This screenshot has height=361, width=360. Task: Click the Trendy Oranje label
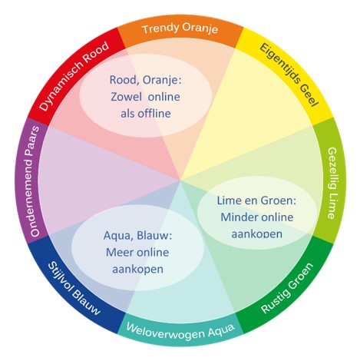[180, 28]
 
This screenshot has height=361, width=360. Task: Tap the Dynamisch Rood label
[74, 76]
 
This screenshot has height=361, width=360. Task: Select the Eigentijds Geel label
[289, 75]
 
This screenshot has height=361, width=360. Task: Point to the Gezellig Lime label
[332, 183]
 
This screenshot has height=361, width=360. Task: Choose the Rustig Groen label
[286, 288]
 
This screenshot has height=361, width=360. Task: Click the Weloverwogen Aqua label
[180, 331]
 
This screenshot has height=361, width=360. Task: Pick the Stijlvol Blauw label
[74, 288]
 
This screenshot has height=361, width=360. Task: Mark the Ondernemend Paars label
[35, 181]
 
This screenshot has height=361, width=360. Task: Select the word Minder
[235, 217]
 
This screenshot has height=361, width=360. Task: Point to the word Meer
[118, 253]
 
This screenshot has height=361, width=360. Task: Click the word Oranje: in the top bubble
[162, 81]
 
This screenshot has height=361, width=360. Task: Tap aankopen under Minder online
[256, 234]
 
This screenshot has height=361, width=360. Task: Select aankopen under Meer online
[137, 270]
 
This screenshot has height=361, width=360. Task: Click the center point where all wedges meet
[180, 180]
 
